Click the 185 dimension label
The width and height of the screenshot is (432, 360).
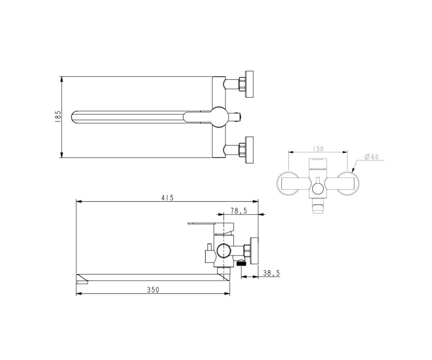click(x=58, y=117)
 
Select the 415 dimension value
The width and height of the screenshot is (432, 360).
click(x=167, y=198)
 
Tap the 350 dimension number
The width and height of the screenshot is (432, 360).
click(x=153, y=290)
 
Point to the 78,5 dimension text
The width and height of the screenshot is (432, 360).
click(x=239, y=211)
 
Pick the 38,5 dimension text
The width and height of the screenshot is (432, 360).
click(x=271, y=273)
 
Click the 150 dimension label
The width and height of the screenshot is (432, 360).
click(x=318, y=149)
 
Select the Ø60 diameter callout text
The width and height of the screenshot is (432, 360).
click(x=372, y=157)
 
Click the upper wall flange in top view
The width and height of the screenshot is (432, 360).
click(x=249, y=84)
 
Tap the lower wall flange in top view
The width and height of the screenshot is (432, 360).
click(x=249, y=150)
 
